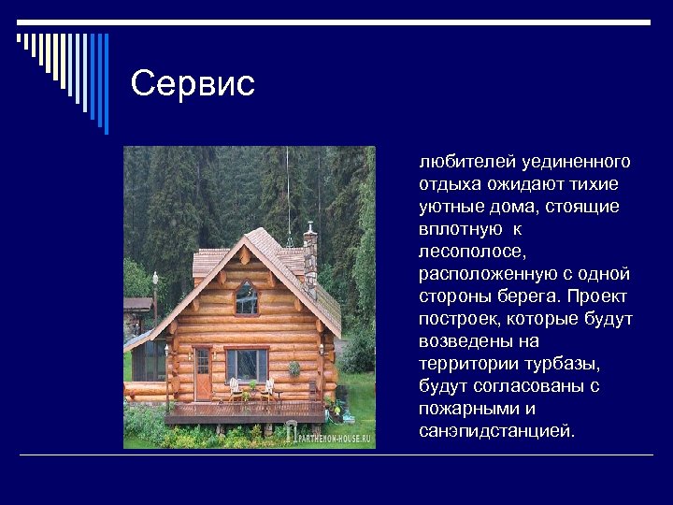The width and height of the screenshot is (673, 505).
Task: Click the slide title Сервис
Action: click(x=193, y=84)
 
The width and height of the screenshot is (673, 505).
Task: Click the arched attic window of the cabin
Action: click(x=247, y=298)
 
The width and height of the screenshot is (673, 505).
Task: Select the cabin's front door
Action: click(x=203, y=372)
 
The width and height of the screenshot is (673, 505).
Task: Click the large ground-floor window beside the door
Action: click(x=247, y=365)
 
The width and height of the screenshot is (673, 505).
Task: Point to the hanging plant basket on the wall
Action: click(x=294, y=368)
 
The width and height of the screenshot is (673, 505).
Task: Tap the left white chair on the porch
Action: click(x=234, y=388)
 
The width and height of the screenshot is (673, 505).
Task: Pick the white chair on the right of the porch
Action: click(x=268, y=388)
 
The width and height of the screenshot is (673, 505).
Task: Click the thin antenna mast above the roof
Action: click(x=289, y=201)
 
